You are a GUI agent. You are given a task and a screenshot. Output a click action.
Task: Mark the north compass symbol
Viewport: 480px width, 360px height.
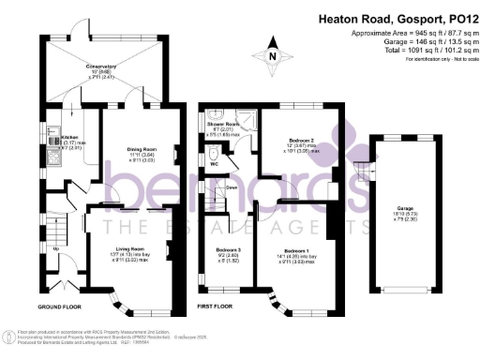coord(273,53)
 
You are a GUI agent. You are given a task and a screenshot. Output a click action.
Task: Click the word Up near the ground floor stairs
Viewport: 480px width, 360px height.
coord(57,247)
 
